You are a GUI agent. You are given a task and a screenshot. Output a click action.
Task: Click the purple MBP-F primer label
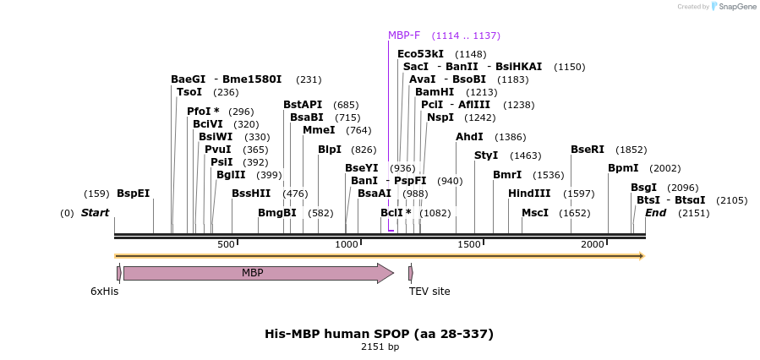coord(404,35)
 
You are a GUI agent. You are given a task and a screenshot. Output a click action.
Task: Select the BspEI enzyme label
coord(133,194)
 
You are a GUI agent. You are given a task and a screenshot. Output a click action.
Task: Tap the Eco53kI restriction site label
coord(420,54)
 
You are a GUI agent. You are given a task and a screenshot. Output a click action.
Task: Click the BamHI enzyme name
coord(434,92)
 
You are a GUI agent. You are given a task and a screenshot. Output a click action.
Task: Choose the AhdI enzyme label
coord(469,137)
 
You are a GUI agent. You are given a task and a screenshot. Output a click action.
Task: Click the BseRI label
coord(588,150)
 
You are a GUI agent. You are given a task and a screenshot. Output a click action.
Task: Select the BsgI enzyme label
coord(643,188)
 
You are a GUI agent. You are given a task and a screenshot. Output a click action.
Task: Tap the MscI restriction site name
coord(535,213)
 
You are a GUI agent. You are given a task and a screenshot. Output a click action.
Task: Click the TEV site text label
coord(429,292)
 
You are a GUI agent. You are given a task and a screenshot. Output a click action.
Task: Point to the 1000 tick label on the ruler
coord(347,244)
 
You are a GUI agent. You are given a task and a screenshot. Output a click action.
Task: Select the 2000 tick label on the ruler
coord(593,244)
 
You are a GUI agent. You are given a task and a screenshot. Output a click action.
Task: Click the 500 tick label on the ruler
coord(226,244)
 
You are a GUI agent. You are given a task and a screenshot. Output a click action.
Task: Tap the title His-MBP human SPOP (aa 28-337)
coord(379,334)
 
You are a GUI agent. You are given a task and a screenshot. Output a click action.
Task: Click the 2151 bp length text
coord(380,347)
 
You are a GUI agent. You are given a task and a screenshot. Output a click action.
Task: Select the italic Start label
coord(95,213)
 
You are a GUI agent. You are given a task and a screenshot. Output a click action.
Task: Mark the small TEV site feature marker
coord(411,273)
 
